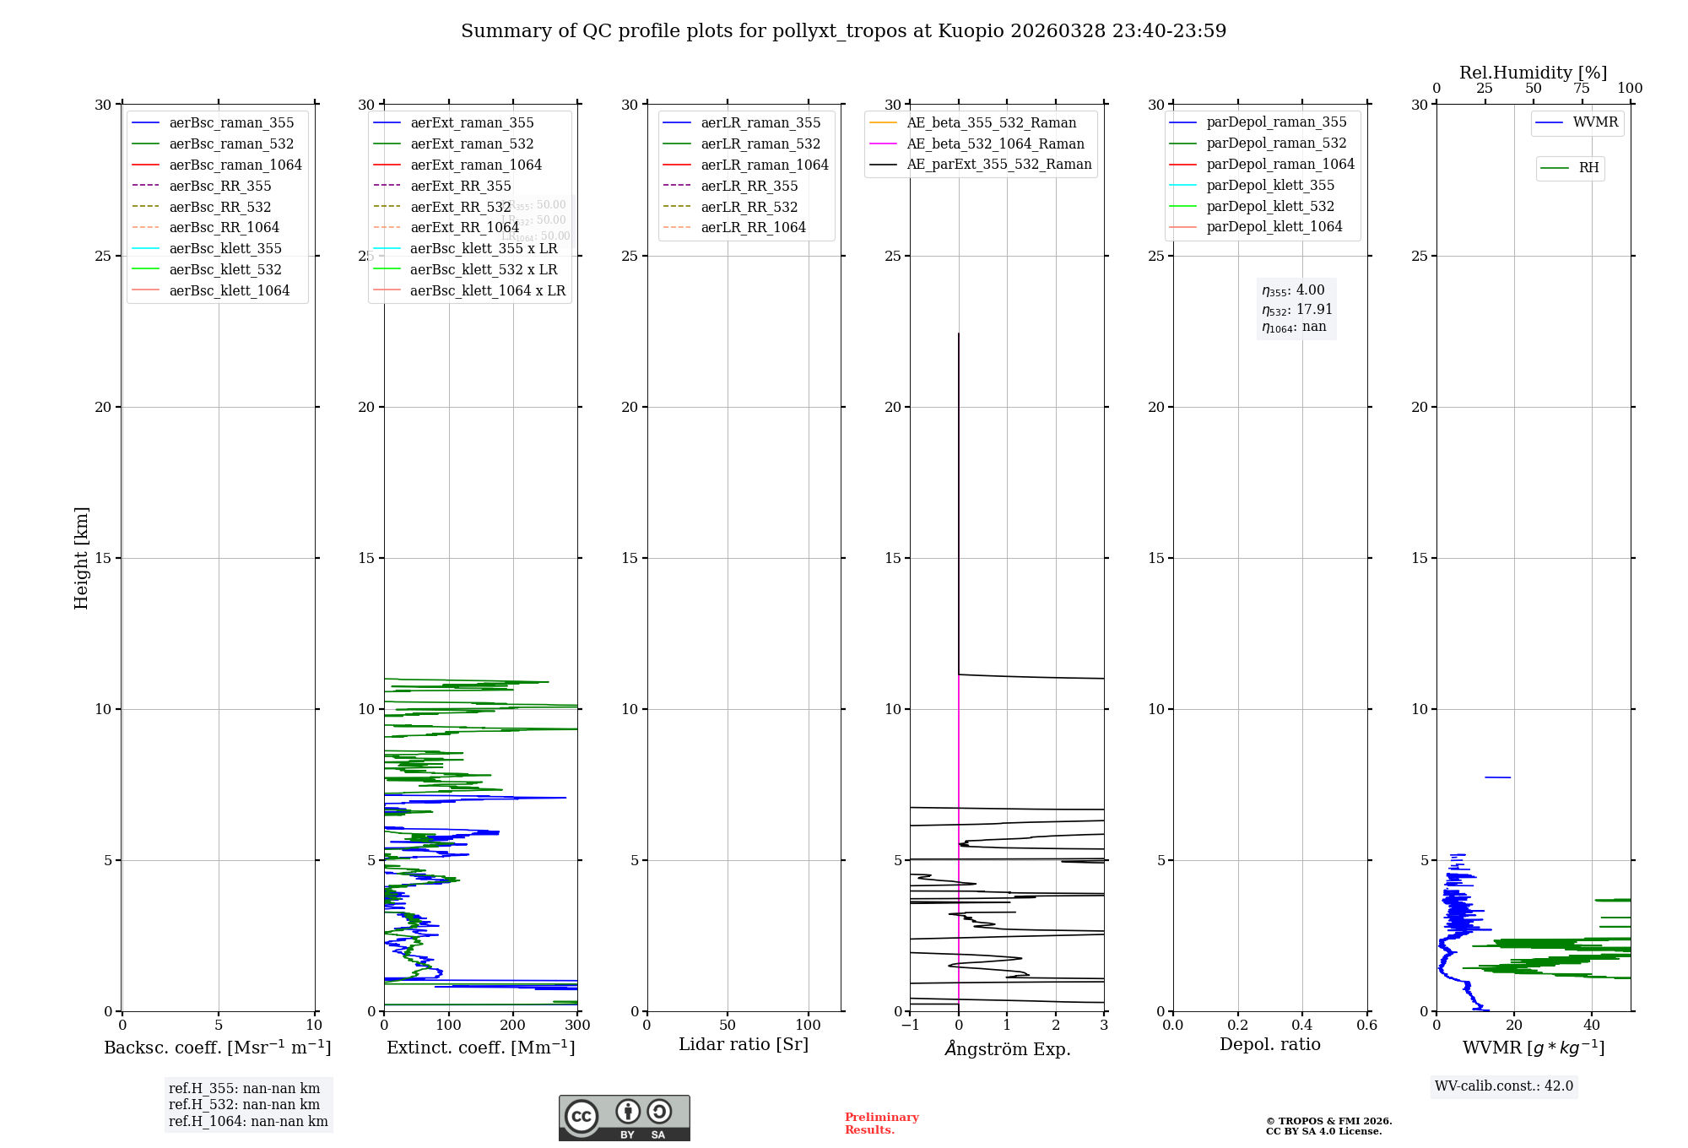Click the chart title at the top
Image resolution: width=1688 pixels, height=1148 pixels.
[843, 31]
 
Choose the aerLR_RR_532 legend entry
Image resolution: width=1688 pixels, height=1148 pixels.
[749, 208]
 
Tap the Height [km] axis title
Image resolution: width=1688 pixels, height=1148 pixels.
[81, 558]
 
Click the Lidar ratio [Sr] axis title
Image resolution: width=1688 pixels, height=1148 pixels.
[744, 1045]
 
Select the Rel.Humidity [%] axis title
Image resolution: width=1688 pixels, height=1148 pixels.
[1533, 73]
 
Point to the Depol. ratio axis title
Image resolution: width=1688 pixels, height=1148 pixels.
[1269, 1045]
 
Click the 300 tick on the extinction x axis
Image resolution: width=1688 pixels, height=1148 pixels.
[577, 1026]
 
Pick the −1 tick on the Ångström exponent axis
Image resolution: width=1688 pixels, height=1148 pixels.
[910, 1026]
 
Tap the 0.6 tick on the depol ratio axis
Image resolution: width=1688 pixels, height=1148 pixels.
[1366, 1026]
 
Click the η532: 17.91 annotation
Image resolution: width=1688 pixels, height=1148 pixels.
[1296, 310]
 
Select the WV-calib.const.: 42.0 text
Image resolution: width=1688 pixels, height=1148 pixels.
[1503, 1086]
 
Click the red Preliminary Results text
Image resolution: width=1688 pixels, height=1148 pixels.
[881, 1124]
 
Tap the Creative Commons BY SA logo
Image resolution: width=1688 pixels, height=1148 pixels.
[624, 1118]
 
